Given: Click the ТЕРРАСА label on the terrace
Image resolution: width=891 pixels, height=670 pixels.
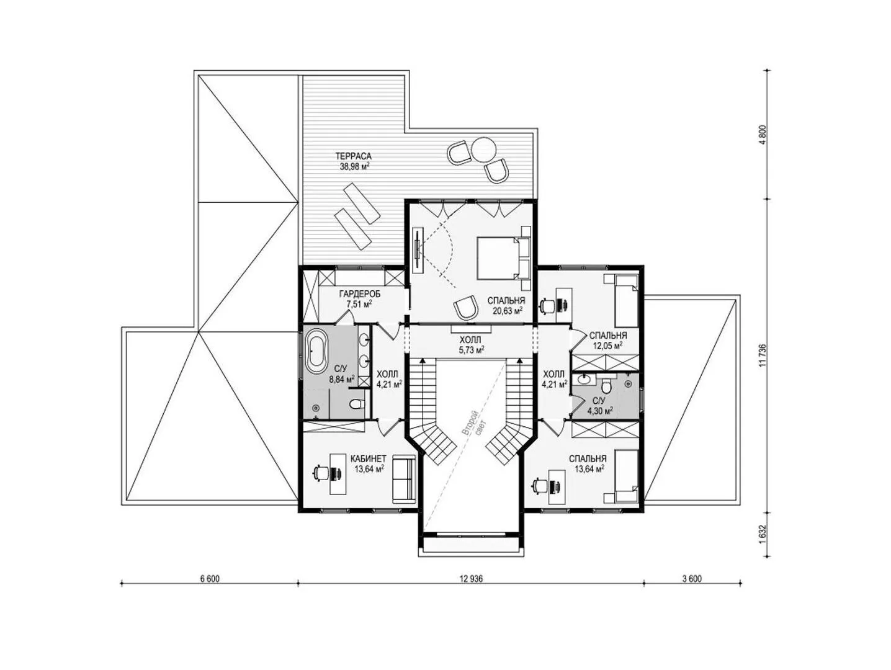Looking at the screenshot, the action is [353, 156].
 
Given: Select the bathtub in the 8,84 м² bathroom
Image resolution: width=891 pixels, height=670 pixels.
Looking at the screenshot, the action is [316, 351].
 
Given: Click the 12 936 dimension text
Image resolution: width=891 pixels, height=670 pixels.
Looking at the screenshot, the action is [472, 579].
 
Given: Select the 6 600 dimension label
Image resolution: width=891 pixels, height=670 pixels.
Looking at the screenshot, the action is [210, 579].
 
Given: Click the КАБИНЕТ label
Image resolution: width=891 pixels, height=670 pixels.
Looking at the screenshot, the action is [368, 458].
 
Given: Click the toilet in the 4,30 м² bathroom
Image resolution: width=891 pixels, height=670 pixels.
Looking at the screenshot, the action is [606, 385].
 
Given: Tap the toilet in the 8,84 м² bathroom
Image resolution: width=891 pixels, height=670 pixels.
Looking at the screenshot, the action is [357, 404].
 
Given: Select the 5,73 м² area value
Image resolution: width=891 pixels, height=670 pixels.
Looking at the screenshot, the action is [470, 349].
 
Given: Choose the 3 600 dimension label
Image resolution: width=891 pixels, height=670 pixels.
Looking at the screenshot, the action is [692, 579].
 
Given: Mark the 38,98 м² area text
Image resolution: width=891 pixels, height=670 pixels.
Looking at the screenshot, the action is [354, 166].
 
